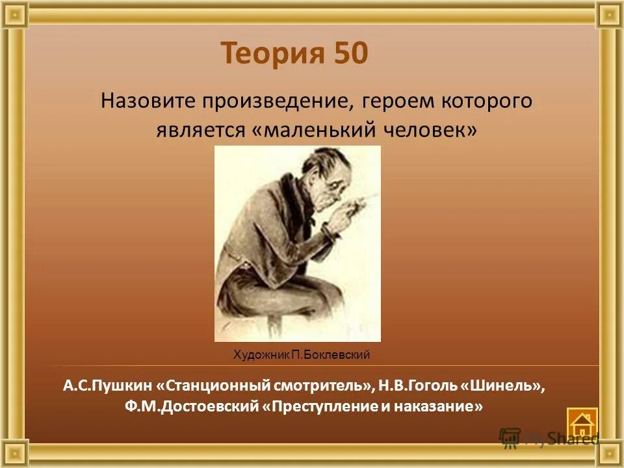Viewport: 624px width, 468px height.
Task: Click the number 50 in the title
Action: click(351, 53)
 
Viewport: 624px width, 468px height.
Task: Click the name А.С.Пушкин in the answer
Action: click(107, 385)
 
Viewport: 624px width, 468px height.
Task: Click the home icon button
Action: click(582, 423)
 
